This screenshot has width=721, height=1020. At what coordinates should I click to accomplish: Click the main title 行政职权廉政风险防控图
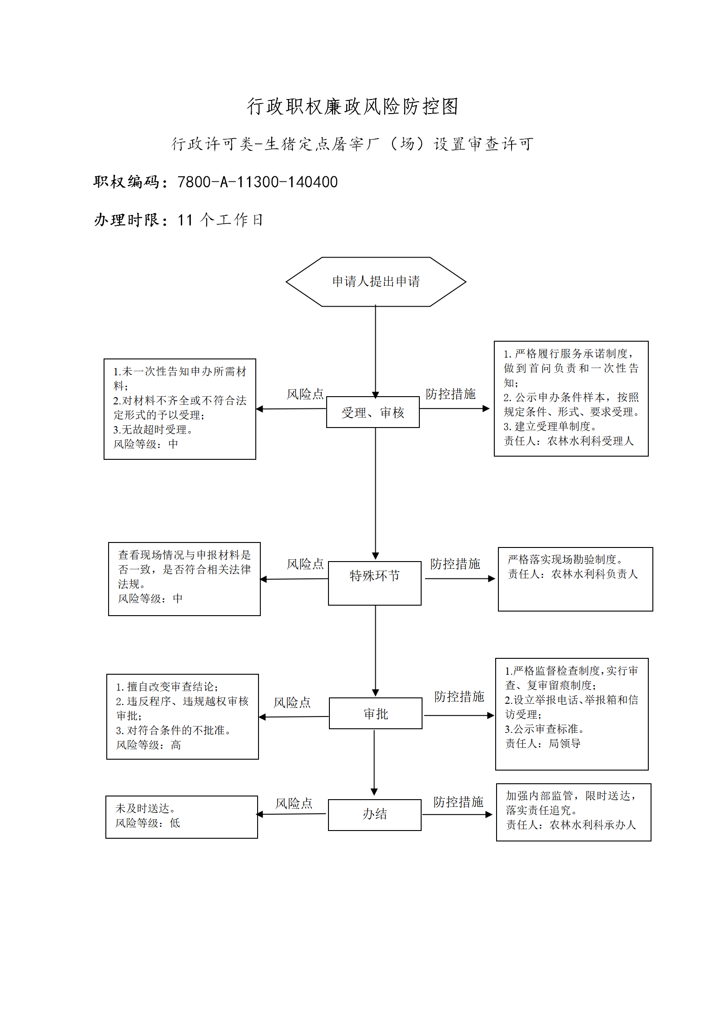tap(353, 106)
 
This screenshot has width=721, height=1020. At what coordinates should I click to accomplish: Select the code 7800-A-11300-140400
tap(258, 182)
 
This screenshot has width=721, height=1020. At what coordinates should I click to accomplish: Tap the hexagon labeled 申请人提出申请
tap(376, 282)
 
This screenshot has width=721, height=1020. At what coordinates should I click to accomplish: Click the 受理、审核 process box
tap(373, 412)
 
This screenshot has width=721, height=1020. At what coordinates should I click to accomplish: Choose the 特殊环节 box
tap(375, 583)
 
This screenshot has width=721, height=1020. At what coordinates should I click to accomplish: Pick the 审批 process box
tap(376, 713)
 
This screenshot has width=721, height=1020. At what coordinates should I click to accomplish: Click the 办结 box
tap(375, 815)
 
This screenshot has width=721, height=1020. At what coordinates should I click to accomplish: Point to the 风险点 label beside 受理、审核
tap(305, 394)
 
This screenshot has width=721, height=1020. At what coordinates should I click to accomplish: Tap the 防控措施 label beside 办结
tap(458, 802)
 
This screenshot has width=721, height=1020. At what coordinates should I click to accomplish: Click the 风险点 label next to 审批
tap(292, 702)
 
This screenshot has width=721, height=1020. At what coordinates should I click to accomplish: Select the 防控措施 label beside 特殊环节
tap(455, 564)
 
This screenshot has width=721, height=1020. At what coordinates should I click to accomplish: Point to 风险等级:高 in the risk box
tap(149, 745)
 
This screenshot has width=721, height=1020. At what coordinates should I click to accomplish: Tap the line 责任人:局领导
tap(543, 743)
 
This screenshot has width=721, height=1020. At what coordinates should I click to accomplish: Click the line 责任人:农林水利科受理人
tap(568, 441)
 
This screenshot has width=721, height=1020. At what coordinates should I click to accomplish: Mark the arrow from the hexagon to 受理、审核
tap(376, 352)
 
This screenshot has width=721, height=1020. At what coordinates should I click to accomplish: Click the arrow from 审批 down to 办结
tap(374, 762)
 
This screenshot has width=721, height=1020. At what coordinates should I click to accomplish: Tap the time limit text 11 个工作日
tap(220, 220)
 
